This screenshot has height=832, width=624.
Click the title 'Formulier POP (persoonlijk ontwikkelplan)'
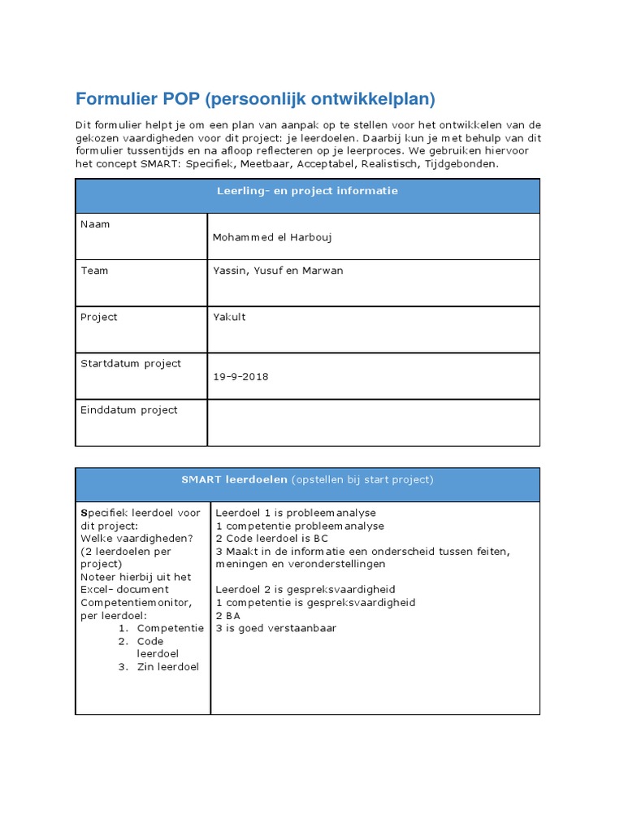(x=255, y=99)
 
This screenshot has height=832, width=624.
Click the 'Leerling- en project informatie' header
(x=307, y=191)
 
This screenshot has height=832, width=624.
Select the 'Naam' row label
(x=95, y=224)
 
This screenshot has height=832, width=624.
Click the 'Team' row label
(x=94, y=271)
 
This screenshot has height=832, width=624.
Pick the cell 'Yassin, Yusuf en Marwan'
(x=277, y=271)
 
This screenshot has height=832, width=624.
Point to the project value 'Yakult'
(x=229, y=317)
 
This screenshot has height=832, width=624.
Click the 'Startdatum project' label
(x=131, y=363)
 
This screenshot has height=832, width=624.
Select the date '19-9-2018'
(x=240, y=377)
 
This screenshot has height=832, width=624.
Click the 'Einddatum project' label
(x=128, y=409)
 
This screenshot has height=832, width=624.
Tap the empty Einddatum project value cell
(x=373, y=422)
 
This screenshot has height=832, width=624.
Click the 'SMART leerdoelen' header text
(x=234, y=479)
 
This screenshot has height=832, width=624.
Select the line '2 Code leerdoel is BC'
(x=272, y=539)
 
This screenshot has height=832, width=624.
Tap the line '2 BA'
(x=228, y=615)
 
